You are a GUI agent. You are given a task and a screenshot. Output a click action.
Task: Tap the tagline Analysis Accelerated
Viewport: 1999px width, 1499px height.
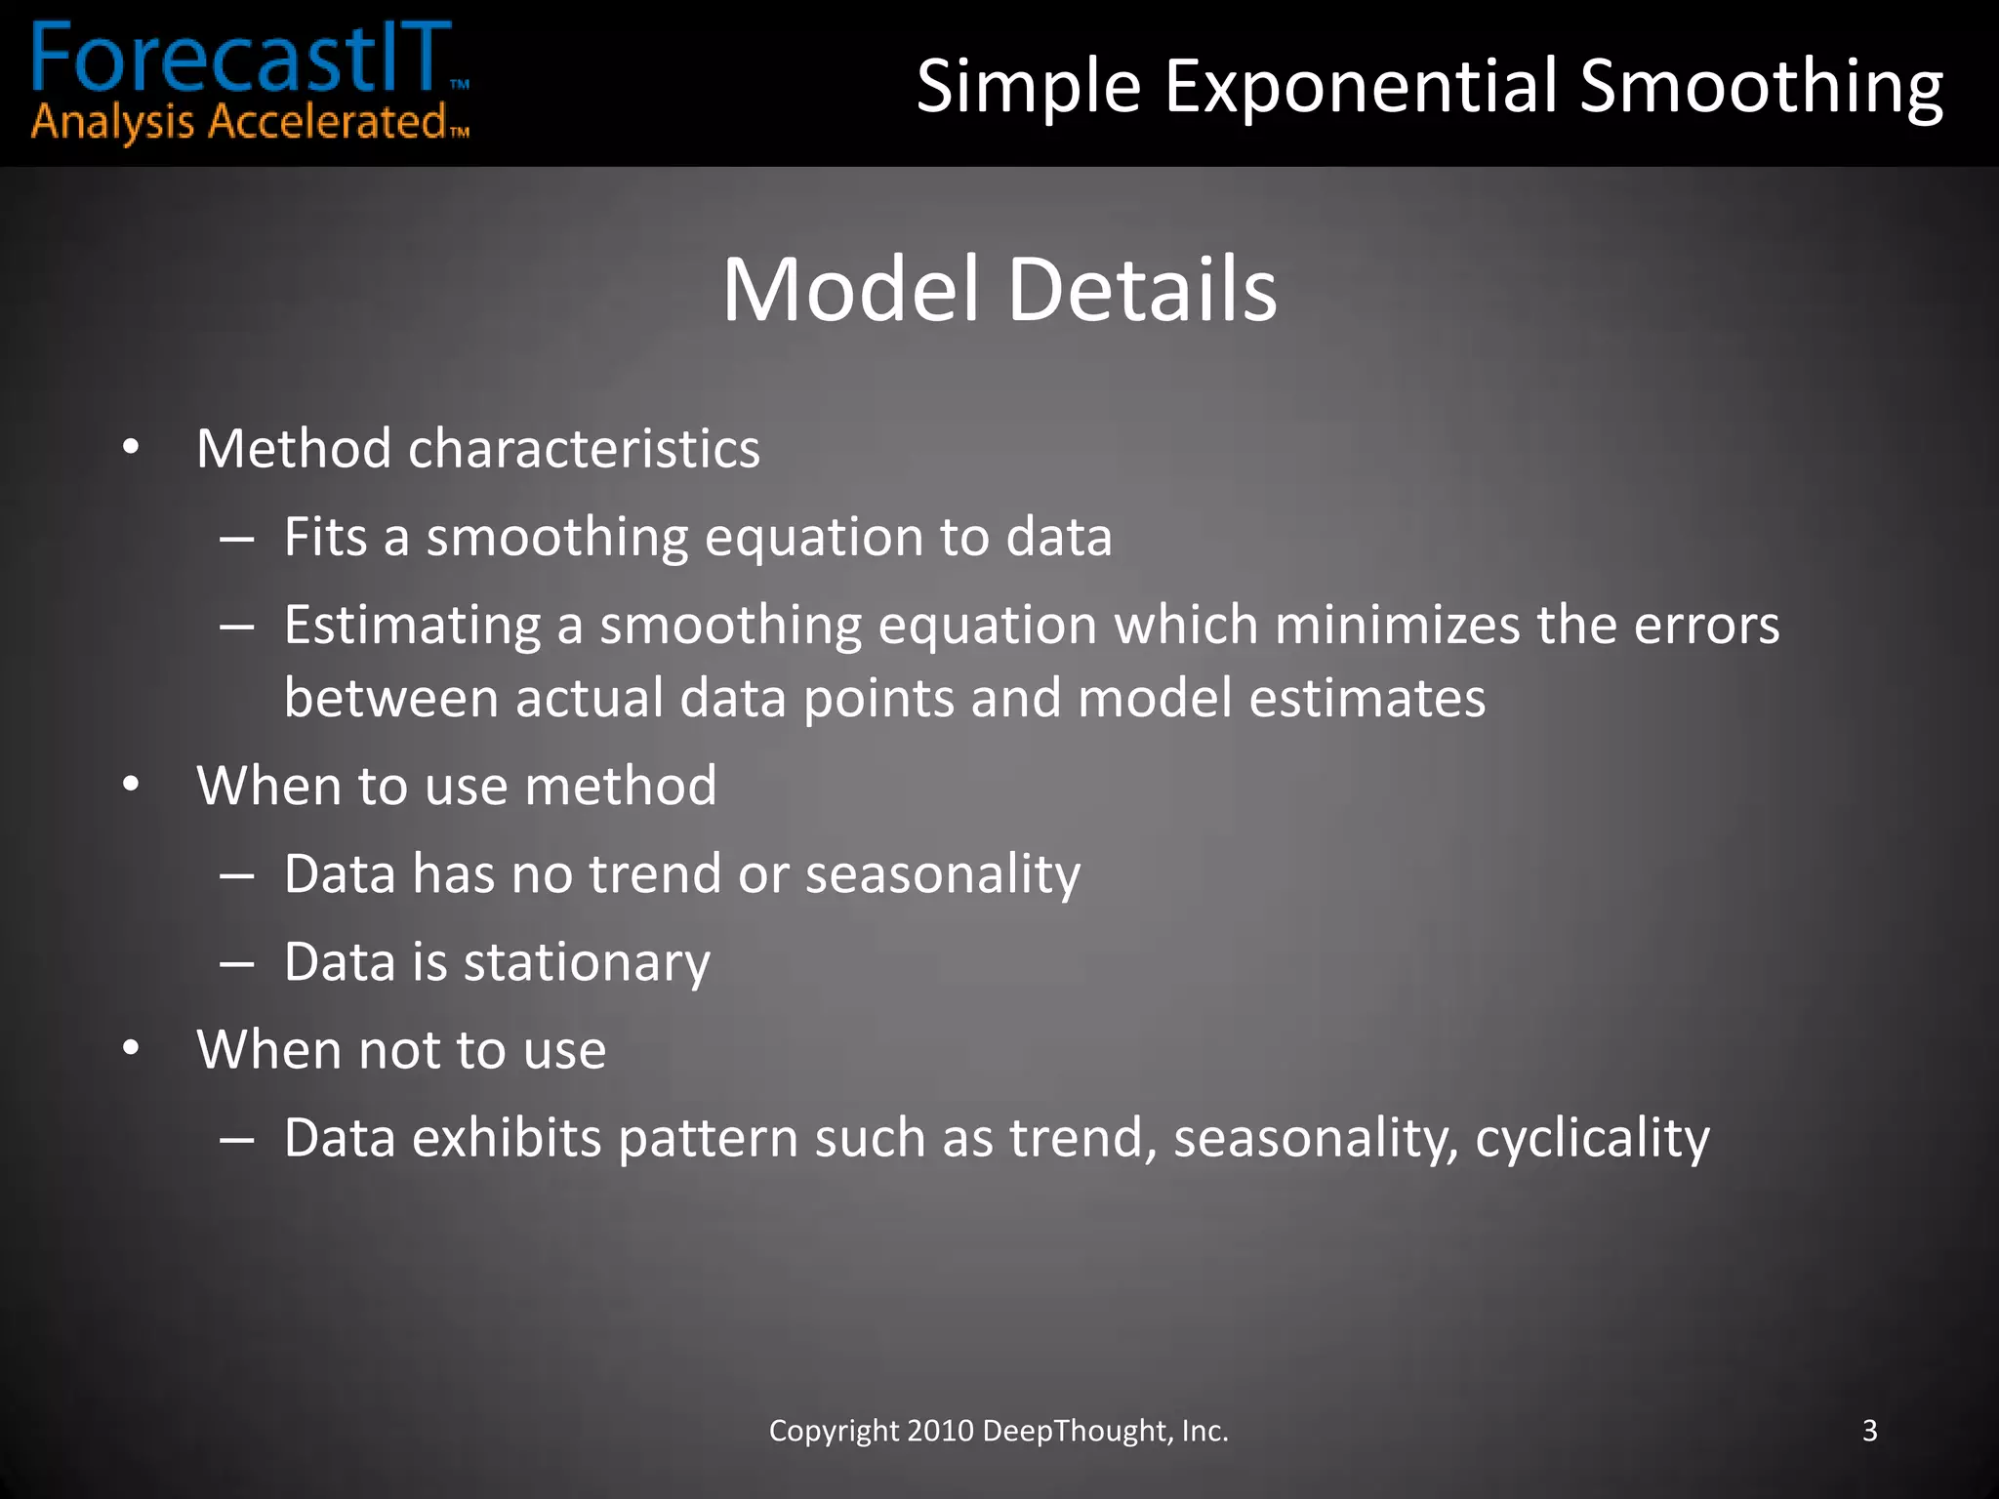tap(239, 124)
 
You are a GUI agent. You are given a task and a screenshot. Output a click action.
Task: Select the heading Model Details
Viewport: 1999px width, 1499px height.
tap(999, 289)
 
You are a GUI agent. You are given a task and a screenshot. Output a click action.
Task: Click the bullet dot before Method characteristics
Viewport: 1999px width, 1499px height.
tap(131, 449)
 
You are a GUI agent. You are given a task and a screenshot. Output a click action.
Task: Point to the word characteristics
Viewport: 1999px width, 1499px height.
tap(584, 449)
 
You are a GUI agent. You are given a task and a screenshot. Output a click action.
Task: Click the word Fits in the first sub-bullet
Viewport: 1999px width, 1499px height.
tap(325, 537)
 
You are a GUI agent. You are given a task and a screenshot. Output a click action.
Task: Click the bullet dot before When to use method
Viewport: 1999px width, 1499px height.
tap(131, 786)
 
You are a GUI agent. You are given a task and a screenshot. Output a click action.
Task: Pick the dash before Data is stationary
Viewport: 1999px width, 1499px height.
tap(237, 962)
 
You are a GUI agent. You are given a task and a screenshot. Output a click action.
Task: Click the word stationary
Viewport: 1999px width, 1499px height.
tap(586, 962)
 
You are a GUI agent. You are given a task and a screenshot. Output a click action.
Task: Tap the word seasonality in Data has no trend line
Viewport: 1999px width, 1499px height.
tap(942, 874)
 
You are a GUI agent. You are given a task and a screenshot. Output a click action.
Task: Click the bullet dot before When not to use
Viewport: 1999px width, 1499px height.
tap(131, 1050)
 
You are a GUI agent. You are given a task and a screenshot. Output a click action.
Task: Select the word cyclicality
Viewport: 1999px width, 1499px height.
tap(1591, 1138)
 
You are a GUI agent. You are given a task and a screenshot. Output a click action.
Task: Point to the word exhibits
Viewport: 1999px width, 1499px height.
tap(506, 1138)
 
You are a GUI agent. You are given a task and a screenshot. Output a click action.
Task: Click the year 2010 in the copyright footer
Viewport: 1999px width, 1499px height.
tap(940, 1431)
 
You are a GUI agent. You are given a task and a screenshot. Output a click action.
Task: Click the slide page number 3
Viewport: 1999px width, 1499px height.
tap(1869, 1431)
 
